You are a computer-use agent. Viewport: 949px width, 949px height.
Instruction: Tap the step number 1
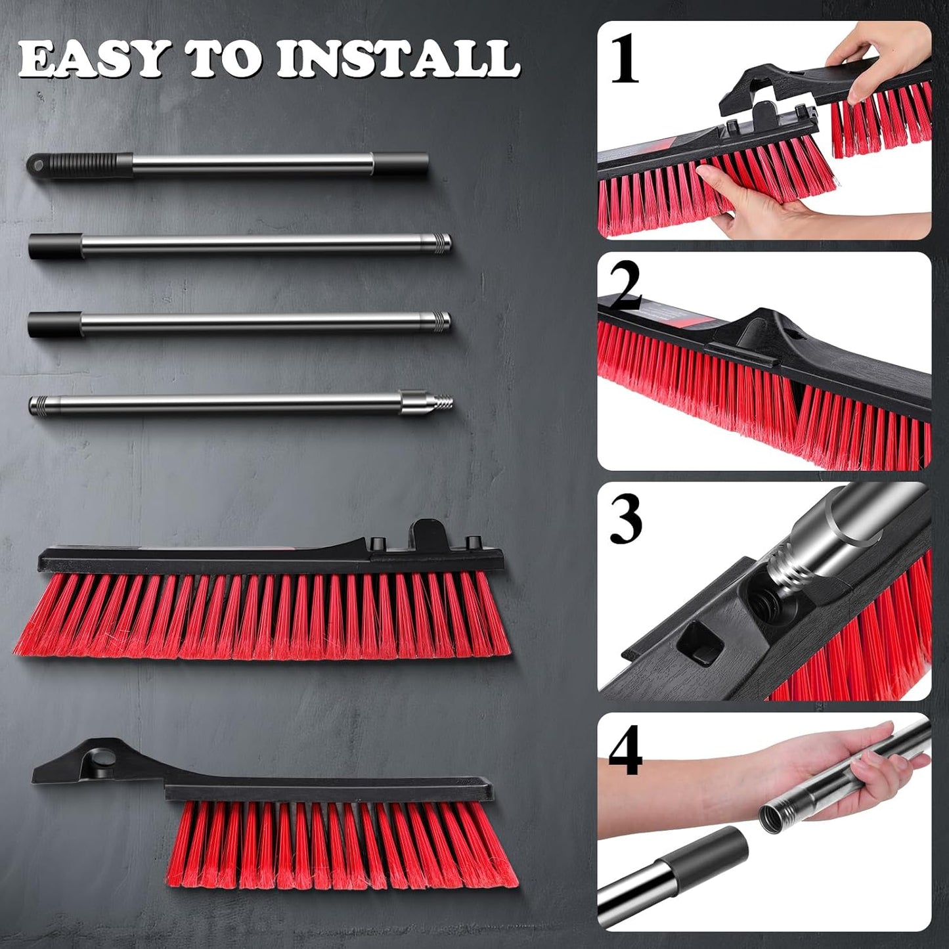pyautogui.click(x=625, y=60)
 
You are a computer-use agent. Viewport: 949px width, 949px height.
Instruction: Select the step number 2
pyautogui.click(x=625, y=290)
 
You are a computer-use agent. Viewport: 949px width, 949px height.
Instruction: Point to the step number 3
pyautogui.click(x=625, y=520)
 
